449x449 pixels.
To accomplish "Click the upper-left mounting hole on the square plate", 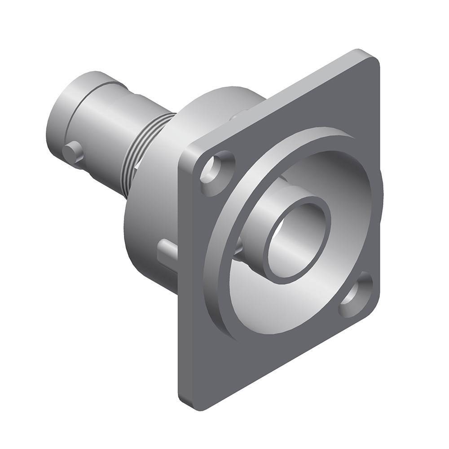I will [219, 167].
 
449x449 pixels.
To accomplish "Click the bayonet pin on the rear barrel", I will [73, 151].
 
